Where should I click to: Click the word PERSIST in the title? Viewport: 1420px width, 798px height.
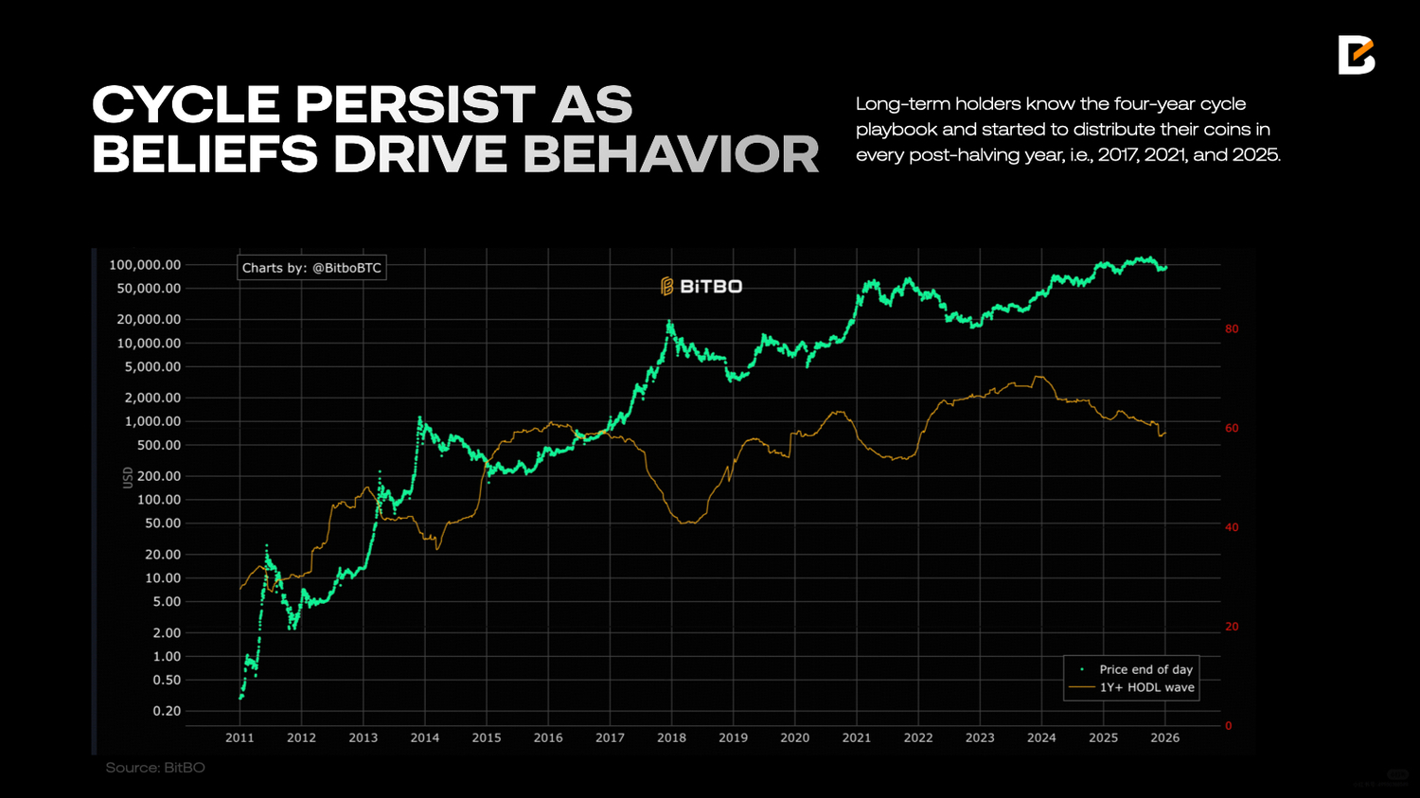pos(416,105)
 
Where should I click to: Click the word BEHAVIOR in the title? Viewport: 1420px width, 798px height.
pos(671,155)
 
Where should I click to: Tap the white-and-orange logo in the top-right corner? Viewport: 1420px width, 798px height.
pos(1356,55)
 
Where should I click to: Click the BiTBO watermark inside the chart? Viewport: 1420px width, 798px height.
pos(701,286)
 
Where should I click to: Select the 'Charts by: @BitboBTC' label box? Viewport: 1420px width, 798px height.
pos(311,268)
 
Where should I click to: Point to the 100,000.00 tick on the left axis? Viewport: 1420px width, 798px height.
pos(145,265)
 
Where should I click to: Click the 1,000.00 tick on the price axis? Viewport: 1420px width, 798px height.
pos(152,421)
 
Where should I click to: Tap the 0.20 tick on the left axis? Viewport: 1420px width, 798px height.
pos(167,711)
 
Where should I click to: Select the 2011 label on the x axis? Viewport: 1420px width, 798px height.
pos(240,737)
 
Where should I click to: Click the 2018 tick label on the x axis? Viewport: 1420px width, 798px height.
pos(671,737)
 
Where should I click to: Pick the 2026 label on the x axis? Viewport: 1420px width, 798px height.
pos(1164,737)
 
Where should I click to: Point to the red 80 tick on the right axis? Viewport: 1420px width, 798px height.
pos(1232,329)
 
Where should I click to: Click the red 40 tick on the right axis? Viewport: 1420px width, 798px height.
pos(1232,527)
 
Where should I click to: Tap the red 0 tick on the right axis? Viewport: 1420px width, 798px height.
pos(1229,726)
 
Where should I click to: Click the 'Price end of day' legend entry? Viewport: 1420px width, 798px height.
pos(1145,669)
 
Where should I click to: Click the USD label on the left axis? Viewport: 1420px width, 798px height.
pos(128,477)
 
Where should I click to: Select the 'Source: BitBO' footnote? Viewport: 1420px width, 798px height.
pos(155,768)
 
